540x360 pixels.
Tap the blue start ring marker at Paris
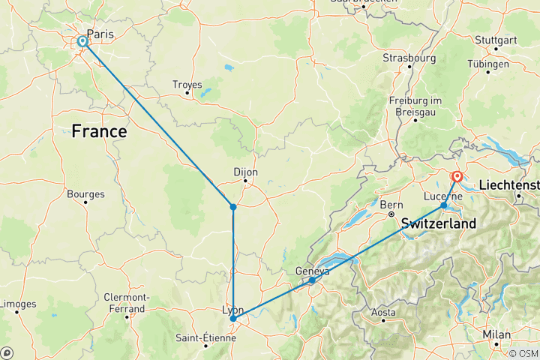pyautogui.click(x=82, y=42)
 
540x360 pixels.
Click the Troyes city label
pyautogui.click(x=187, y=84)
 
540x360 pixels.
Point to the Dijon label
pyautogui.click(x=245, y=172)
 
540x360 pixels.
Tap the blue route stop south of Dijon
pyautogui.click(x=233, y=206)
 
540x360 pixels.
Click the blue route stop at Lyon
pyautogui.click(x=233, y=319)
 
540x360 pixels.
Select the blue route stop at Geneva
pyautogui.click(x=312, y=280)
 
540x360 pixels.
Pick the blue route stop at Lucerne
pyautogui.click(x=444, y=205)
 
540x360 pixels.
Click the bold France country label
pyautogui.click(x=99, y=131)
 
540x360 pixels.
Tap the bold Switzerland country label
pyautogui.click(x=439, y=223)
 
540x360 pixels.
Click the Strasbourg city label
pyautogui.click(x=409, y=57)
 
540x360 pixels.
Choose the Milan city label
pyautogui.click(x=496, y=334)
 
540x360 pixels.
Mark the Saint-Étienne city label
pyautogui.click(x=205, y=337)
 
